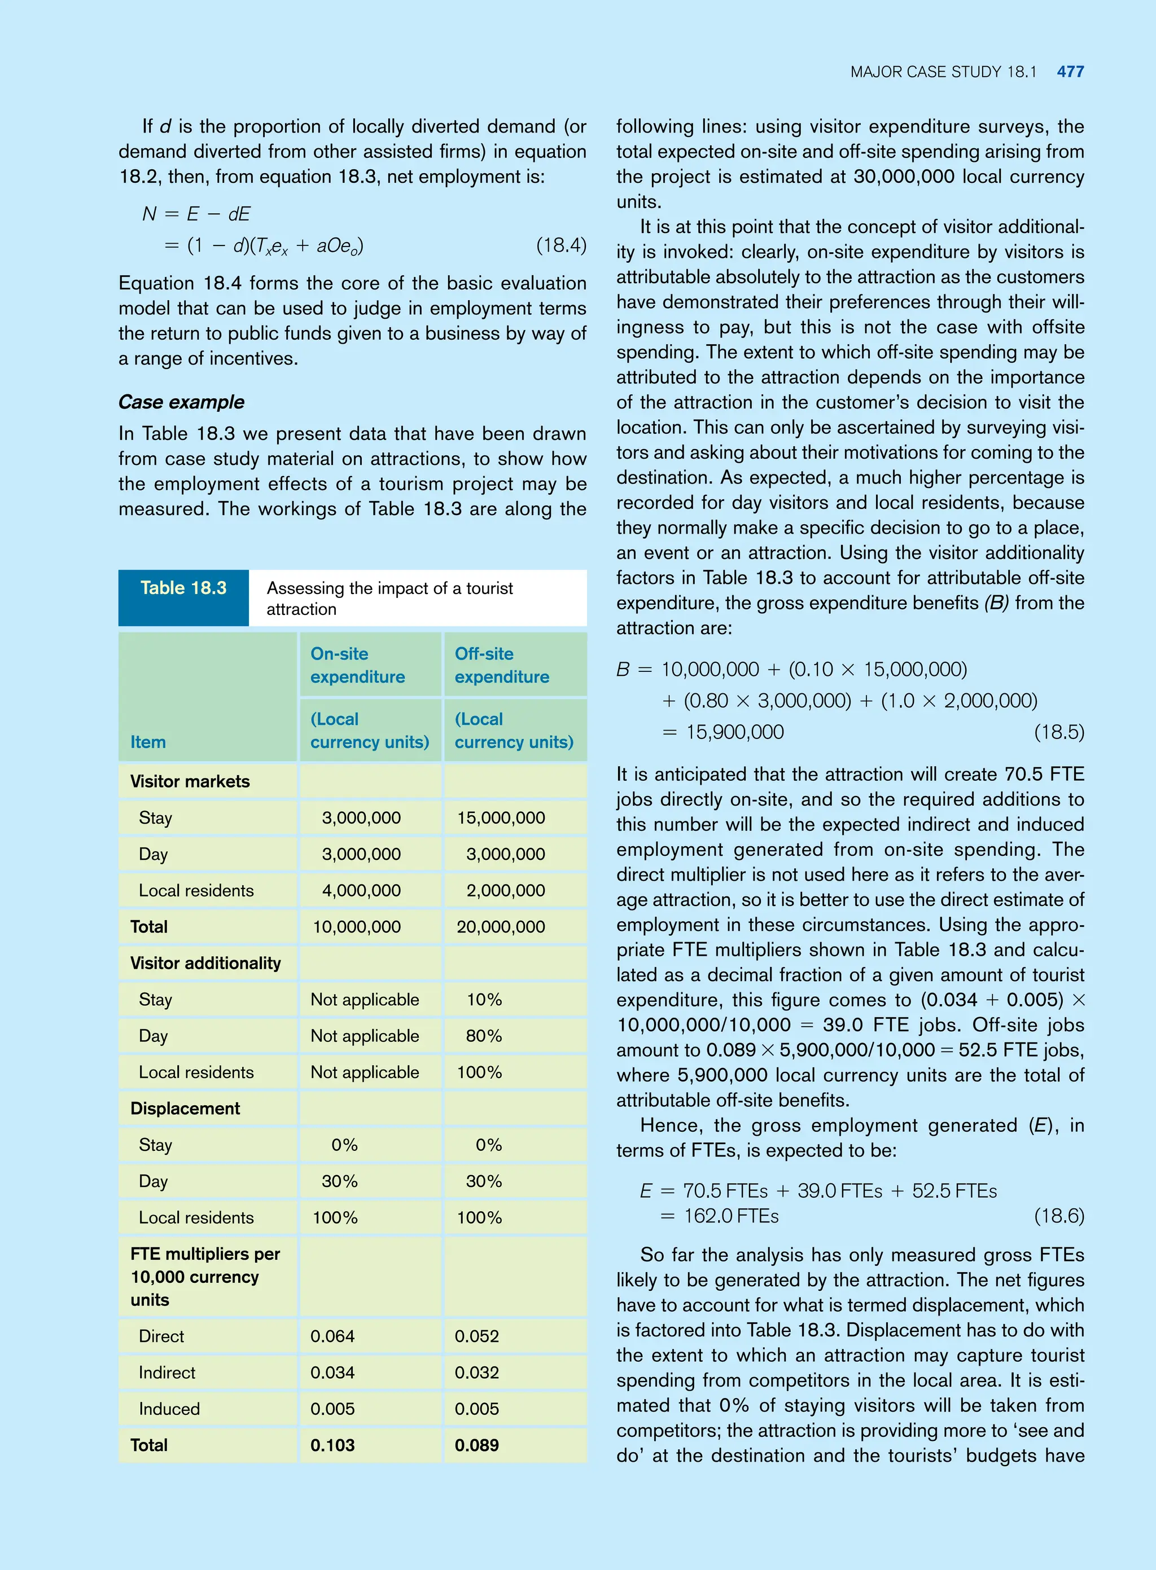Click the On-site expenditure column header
tap(357, 665)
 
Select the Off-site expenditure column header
tap(502, 665)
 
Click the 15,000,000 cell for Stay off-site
tap(501, 817)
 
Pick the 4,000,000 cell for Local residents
tap(361, 890)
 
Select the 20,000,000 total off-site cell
tap(501, 927)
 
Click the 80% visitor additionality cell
tap(484, 1036)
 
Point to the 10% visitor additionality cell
tap(484, 999)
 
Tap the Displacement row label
tap(185, 1109)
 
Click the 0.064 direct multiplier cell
tap(332, 1336)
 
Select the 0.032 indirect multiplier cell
tap(476, 1372)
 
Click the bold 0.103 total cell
tap(332, 1445)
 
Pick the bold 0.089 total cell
tap(476, 1445)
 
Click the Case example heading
tap(181, 402)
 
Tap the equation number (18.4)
tap(561, 245)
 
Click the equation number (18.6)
tap(1059, 1216)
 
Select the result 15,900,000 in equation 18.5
tap(735, 732)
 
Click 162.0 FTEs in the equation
tap(731, 1216)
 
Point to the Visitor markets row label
tap(190, 781)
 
